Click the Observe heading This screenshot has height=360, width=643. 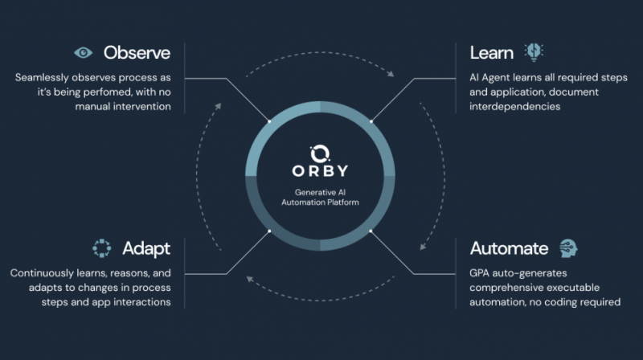click(137, 53)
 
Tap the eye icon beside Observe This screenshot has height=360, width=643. click(84, 53)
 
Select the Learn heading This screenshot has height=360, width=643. click(492, 53)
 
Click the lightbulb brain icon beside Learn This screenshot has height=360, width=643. click(534, 52)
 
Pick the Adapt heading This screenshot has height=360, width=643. click(146, 249)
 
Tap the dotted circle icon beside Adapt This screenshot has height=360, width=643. click(102, 248)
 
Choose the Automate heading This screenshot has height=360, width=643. click(509, 248)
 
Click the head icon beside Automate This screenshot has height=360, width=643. click(568, 248)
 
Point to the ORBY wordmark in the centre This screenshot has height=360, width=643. click(320, 171)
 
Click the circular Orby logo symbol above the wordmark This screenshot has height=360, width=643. click(320, 153)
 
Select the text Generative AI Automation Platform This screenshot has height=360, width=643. click(320, 197)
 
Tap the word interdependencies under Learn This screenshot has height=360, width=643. click(514, 107)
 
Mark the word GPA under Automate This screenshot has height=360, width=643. click(479, 273)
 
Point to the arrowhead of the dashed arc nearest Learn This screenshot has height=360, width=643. click(391, 74)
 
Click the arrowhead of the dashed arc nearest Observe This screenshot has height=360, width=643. click(218, 106)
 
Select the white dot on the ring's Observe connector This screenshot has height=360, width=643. click(269, 121)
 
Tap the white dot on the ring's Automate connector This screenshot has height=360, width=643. click(371, 231)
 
